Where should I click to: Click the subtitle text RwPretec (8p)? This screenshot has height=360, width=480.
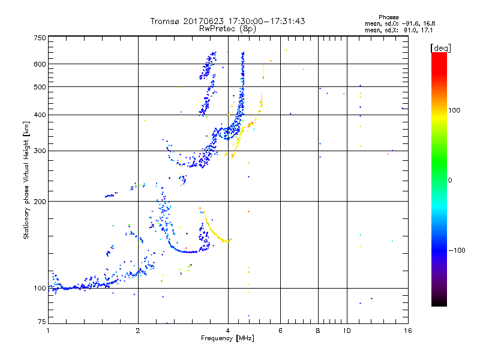coord(228,28)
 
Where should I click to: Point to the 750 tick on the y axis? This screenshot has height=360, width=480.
coord(40,38)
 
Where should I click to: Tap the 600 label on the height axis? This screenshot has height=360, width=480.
coord(40,64)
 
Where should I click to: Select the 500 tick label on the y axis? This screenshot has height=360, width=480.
coord(40,87)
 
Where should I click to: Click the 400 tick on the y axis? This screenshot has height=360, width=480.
coord(40,115)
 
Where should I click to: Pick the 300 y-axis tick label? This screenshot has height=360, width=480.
coord(40,151)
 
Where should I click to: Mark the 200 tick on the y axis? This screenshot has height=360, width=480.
coord(40,202)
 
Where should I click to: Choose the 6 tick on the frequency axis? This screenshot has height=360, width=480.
coord(280,331)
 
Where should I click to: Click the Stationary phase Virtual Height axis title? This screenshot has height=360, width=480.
coord(26,180)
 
